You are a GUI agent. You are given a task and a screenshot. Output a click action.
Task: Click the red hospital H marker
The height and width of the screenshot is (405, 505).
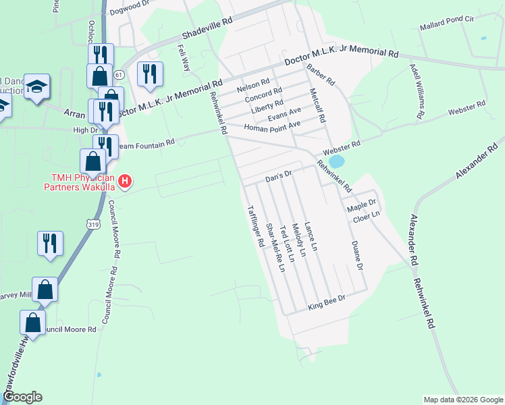(x=125, y=181)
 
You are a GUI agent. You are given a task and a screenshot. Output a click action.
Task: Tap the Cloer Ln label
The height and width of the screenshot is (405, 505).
(x=367, y=215)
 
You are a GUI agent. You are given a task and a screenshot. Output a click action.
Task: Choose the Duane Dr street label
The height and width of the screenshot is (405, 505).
(x=355, y=256)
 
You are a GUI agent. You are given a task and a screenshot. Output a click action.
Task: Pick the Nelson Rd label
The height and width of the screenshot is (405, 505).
(x=253, y=88)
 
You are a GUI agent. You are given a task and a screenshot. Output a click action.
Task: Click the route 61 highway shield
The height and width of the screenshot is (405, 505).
(x=118, y=74)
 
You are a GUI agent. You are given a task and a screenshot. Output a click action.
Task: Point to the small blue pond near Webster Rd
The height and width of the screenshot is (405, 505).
(x=336, y=162)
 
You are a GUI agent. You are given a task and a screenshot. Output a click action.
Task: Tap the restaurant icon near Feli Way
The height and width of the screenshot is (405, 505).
(x=150, y=73)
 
